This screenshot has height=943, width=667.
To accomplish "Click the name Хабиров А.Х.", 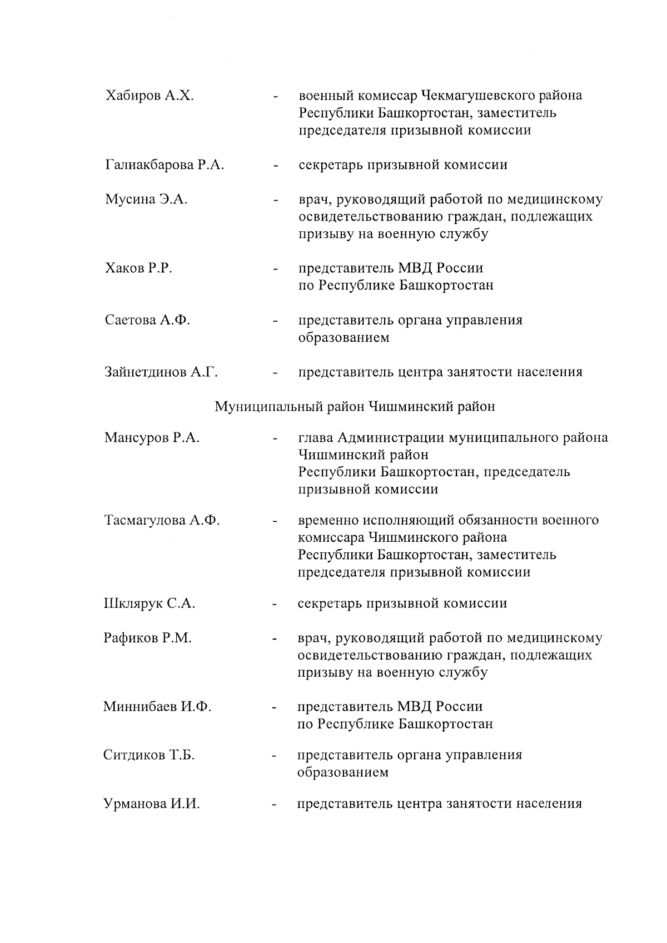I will click(150, 96).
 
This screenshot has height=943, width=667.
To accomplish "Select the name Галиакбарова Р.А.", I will click(165, 165).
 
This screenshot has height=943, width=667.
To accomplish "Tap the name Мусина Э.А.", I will click(146, 199).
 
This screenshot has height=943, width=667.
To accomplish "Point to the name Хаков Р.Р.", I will click(138, 268).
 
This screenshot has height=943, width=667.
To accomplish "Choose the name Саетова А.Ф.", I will click(147, 320).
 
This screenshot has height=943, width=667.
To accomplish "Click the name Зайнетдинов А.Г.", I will click(161, 372).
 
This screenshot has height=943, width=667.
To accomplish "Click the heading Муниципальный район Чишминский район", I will click(355, 407).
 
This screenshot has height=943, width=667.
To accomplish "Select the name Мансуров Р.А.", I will click(151, 438).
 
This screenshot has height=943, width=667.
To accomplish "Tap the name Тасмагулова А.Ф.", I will click(162, 521).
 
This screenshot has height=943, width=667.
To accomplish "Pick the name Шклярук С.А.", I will click(149, 603).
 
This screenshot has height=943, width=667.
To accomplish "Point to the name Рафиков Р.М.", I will click(147, 638).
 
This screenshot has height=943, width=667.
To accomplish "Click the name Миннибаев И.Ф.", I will click(157, 707).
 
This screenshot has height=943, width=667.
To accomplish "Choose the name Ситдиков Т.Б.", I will click(149, 755).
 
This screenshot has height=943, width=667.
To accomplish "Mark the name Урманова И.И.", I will click(152, 804).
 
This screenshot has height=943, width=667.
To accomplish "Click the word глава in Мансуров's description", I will click(315, 438).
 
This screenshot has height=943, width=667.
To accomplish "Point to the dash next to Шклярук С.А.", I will click(275, 605).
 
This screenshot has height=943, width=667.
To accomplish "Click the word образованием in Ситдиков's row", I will click(343, 772).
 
